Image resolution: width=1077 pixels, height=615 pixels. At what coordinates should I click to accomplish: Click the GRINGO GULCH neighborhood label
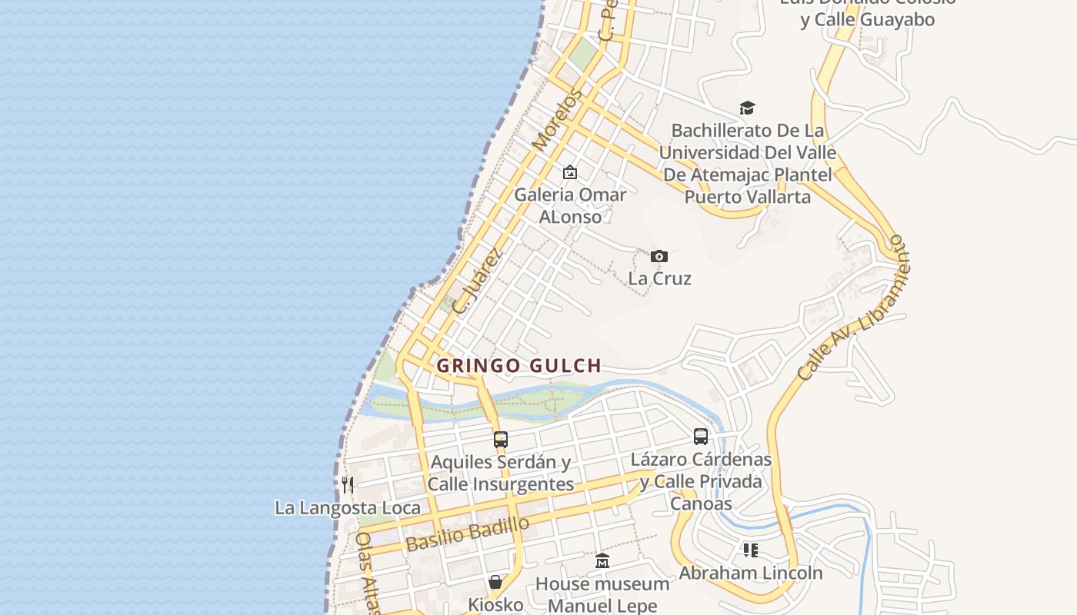pyautogui.click(x=518, y=366)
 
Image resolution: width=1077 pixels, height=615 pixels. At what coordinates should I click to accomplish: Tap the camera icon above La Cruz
pyautogui.click(x=659, y=256)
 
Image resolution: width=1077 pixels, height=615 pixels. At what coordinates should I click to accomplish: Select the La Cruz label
pyautogui.click(x=659, y=278)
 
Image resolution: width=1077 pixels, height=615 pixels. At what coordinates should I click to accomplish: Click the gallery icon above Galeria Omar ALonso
pyautogui.click(x=570, y=172)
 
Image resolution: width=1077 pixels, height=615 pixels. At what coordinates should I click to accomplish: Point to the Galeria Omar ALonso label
pyautogui.click(x=570, y=205)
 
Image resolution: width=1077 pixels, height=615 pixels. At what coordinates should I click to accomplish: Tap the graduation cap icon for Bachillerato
pyautogui.click(x=747, y=108)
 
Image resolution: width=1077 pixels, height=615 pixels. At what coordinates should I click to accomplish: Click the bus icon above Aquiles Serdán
pyautogui.click(x=501, y=440)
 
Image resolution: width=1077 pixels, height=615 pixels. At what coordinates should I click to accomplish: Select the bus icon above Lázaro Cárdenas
pyautogui.click(x=701, y=437)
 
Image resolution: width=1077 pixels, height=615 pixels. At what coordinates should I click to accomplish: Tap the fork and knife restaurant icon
pyautogui.click(x=348, y=484)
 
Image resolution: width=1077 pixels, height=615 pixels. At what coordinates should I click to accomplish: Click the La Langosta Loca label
pyautogui.click(x=348, y=508)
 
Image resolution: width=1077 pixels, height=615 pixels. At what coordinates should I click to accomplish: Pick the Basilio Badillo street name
pyautogui.click(x=468, y=534)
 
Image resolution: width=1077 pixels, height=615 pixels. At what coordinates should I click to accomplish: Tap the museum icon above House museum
pyautogui.click(x=602, y=561)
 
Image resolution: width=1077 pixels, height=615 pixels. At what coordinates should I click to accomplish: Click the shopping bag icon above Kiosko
pyautogui.click(x=495, y=582)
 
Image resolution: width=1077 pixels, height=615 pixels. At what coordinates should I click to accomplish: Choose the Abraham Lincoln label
pyautogui.click(x=750, y=573)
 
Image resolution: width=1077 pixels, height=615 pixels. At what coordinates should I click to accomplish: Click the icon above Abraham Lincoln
pyautogui.click(x=750, y=550)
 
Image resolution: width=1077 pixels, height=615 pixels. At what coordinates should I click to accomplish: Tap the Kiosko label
pyautogui.click(x=495, y=604)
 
